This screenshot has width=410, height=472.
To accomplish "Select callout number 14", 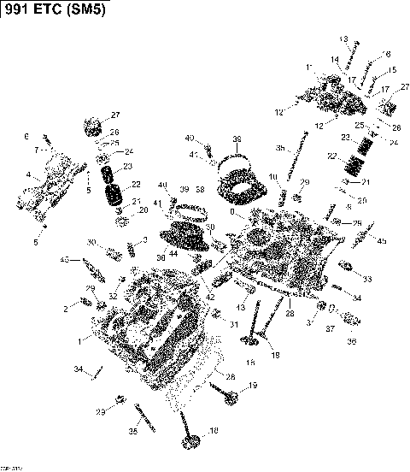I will (337, 60).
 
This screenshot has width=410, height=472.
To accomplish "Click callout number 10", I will (272, 177).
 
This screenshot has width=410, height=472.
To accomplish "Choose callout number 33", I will (367, 279).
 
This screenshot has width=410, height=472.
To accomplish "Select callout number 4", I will (28, 175).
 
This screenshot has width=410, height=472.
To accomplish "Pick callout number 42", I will (210, 297).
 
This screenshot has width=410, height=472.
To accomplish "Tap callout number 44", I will (173, 253).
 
